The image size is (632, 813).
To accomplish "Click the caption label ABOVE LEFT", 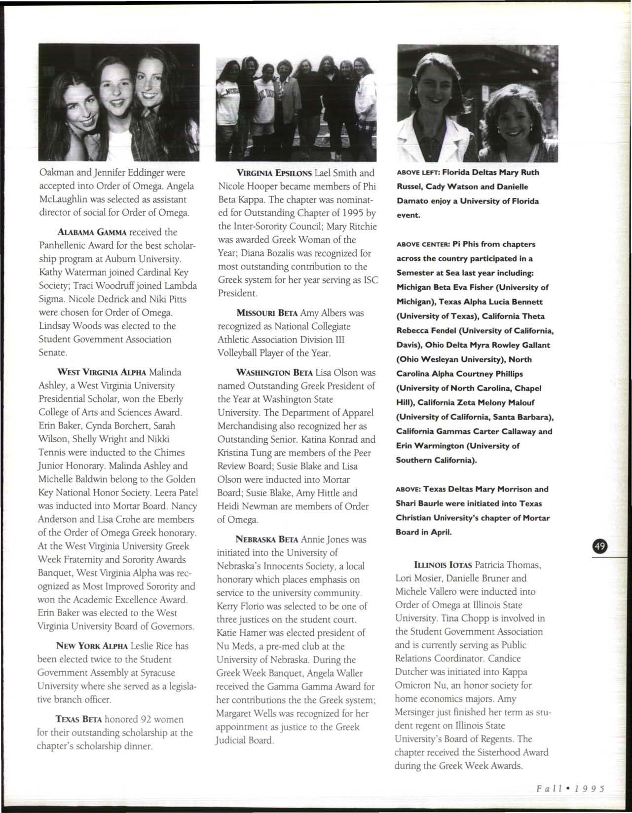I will click(x=418, y=173).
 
